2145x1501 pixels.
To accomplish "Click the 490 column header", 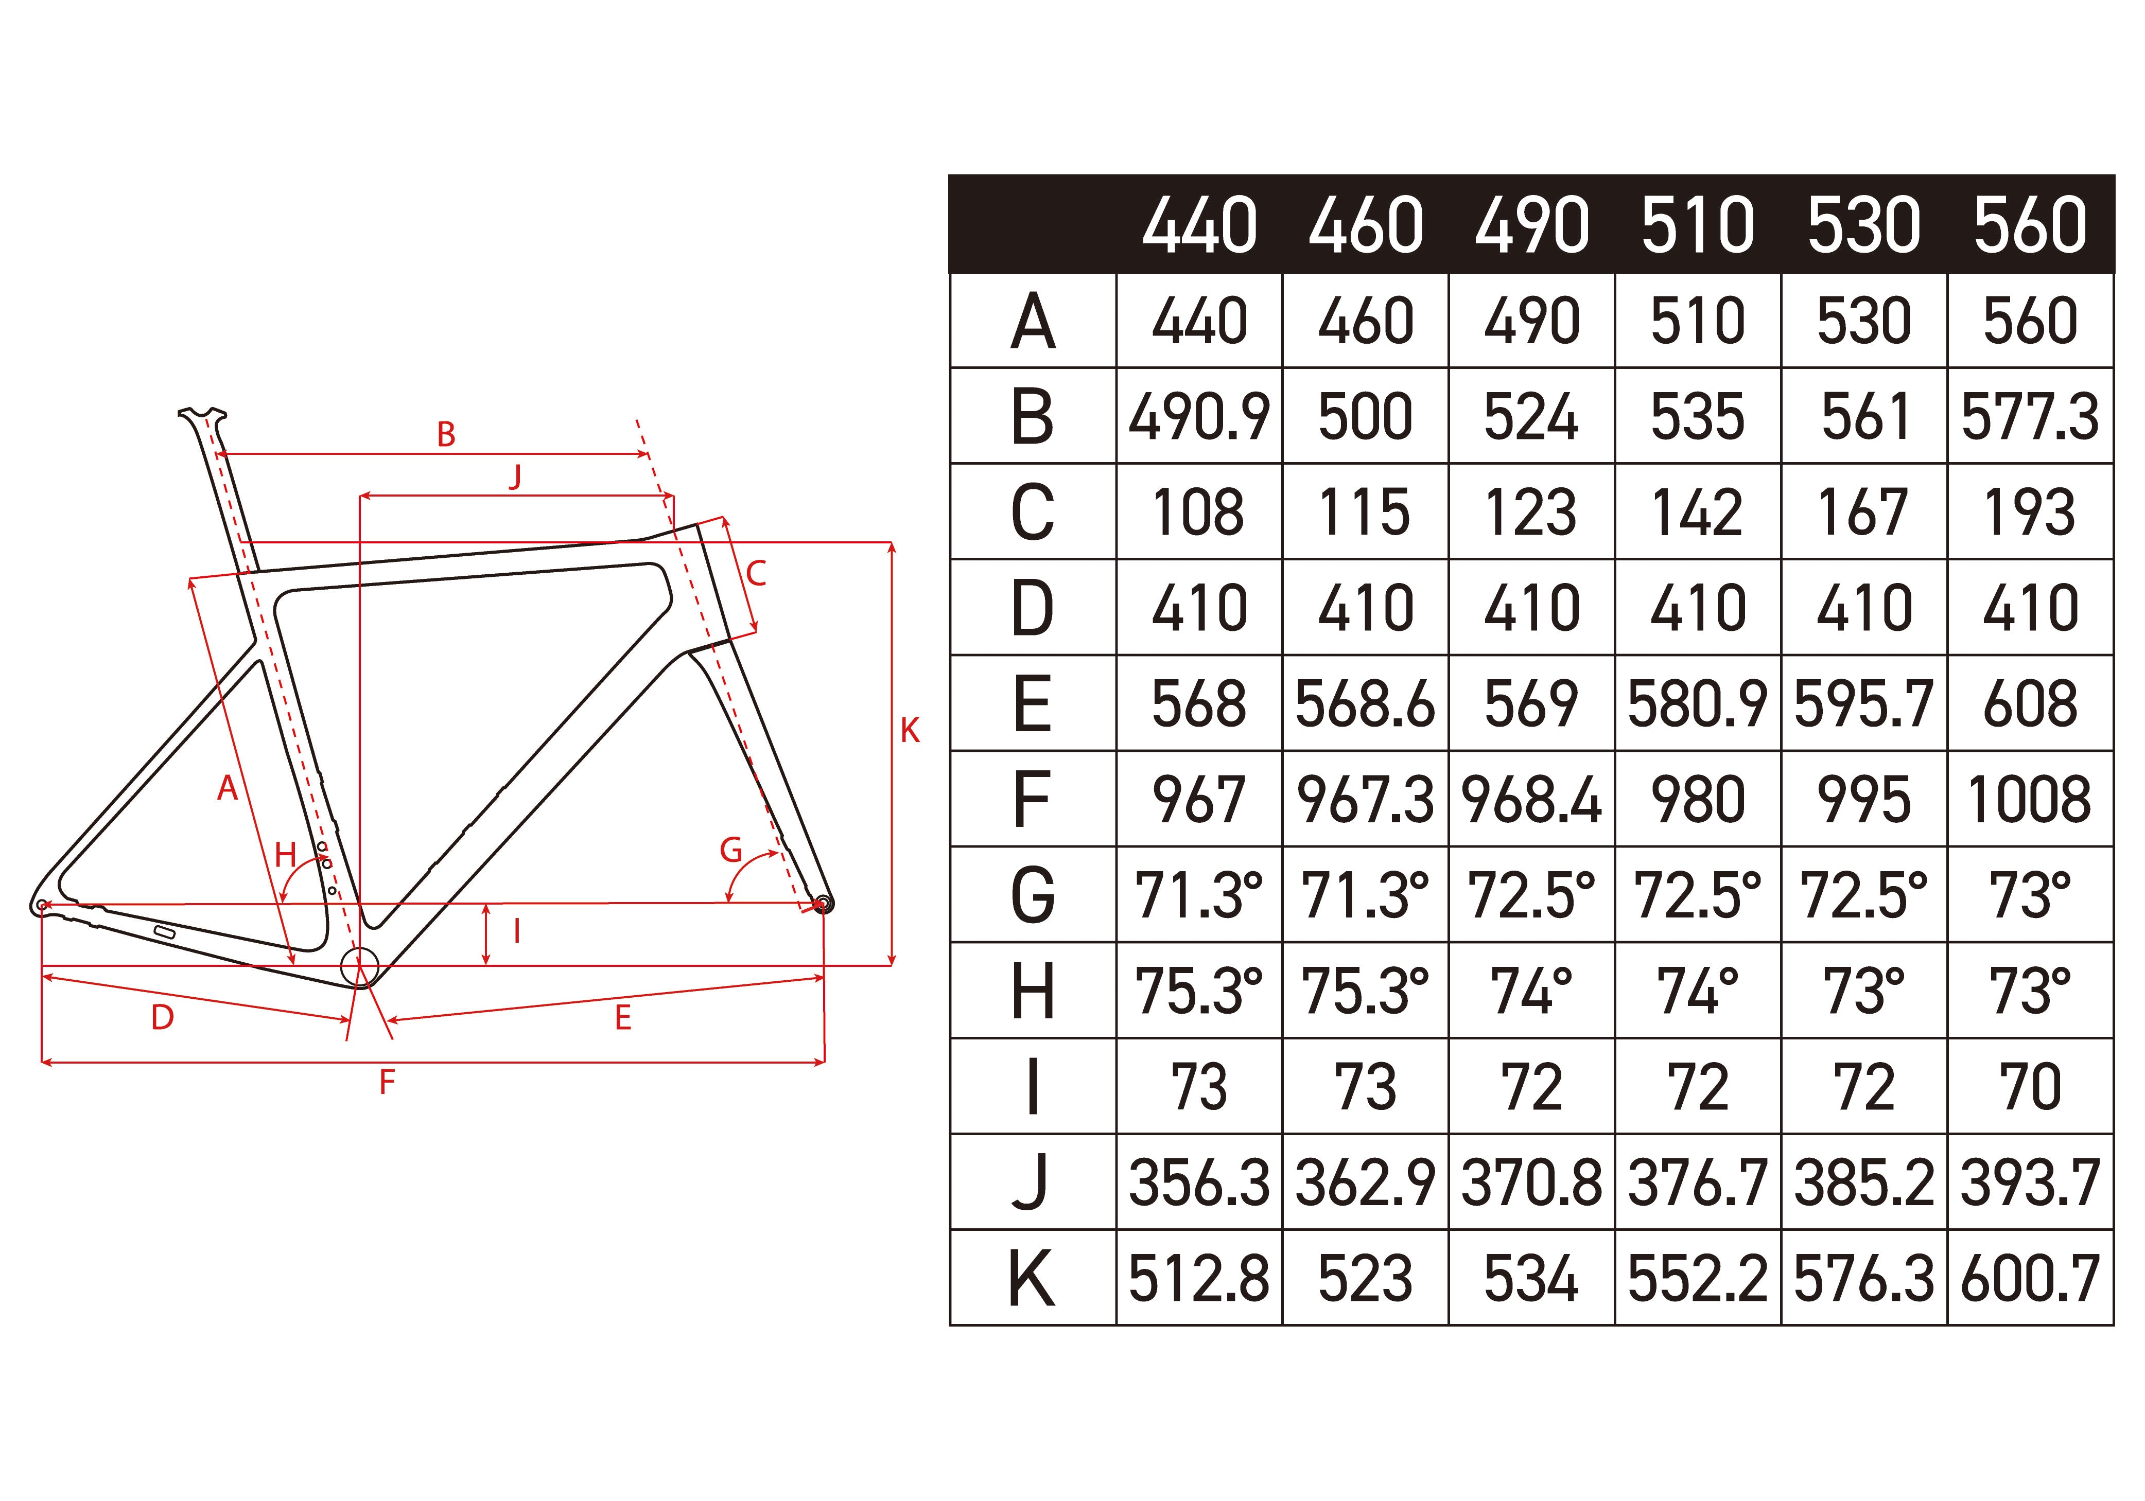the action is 1531,225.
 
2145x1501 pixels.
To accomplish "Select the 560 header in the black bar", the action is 2030,225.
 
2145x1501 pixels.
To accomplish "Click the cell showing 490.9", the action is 1199,417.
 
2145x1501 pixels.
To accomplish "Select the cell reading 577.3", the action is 2030,417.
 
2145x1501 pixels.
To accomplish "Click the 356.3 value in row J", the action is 1199,1182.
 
